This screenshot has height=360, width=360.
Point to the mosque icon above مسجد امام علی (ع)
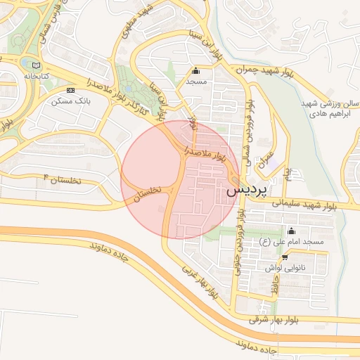pos(292,231)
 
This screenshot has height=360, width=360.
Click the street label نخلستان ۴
pos(63,179)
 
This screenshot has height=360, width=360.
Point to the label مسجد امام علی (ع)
pos(292,242)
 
